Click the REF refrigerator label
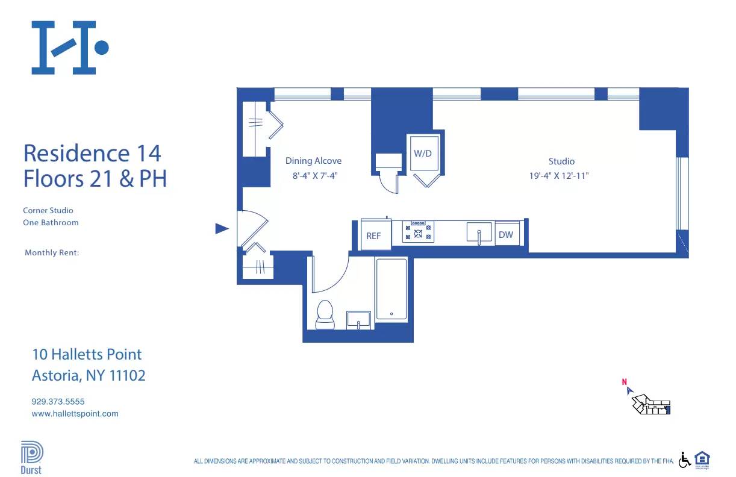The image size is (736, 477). (x=373, y=235)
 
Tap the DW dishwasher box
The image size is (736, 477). (x=506, y=234)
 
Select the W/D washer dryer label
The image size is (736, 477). (x=422, y=153)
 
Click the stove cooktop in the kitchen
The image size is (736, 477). (x=418, y=232)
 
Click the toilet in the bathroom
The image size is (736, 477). (x=325, y=314)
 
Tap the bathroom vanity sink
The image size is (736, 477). (x=359, y=320)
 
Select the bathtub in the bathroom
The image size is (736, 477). (x=391, y=289)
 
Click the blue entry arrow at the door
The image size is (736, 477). (x=222, y=228)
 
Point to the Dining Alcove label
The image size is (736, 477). (x=313, y=161)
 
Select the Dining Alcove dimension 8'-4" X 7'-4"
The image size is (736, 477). (x=313, y=176)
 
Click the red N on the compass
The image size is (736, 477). (x=625, y=381)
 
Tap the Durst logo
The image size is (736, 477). (x=31, y=458)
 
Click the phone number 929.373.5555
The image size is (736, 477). (x=58, y=401)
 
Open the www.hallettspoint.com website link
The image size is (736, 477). (x=75, y=414)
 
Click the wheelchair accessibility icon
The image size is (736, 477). (x=684, y=460)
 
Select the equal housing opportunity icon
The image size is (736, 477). (x=702, y=459)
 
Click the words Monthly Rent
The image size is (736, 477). (x=52, y=253)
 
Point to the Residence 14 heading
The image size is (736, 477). (x=92, y=153)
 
